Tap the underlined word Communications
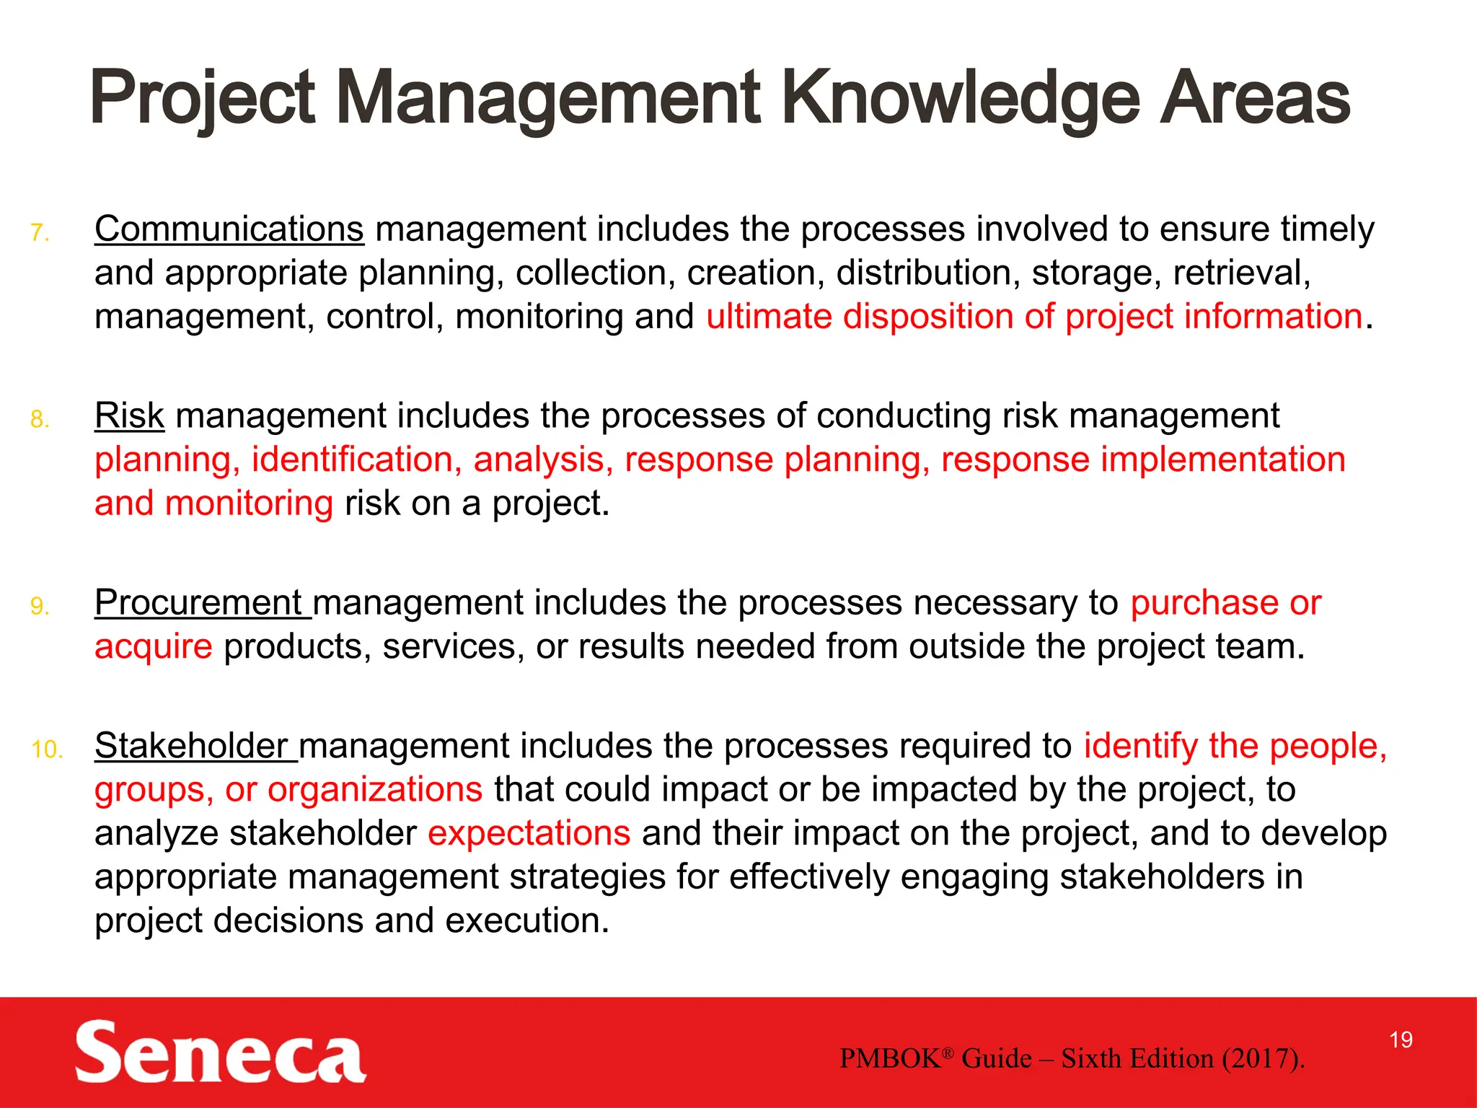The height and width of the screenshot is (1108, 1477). tap(229, 229)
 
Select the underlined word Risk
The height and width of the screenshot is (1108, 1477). tap(130, 415)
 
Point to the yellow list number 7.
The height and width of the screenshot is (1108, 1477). tap(40, 233)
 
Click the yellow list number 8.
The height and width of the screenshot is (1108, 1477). tap(40, 420)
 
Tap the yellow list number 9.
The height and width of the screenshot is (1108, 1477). tap(40, 607)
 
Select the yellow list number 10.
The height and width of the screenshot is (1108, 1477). tap(47, 750)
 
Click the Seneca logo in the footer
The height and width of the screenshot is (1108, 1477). tap(220, 1052)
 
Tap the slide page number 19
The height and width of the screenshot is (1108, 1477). tap(1401, 1039)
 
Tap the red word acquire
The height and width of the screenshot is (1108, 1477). tap(154, 646)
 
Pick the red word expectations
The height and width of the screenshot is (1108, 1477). tap(529, 833)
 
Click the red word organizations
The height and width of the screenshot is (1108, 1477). tap(374, 789)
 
